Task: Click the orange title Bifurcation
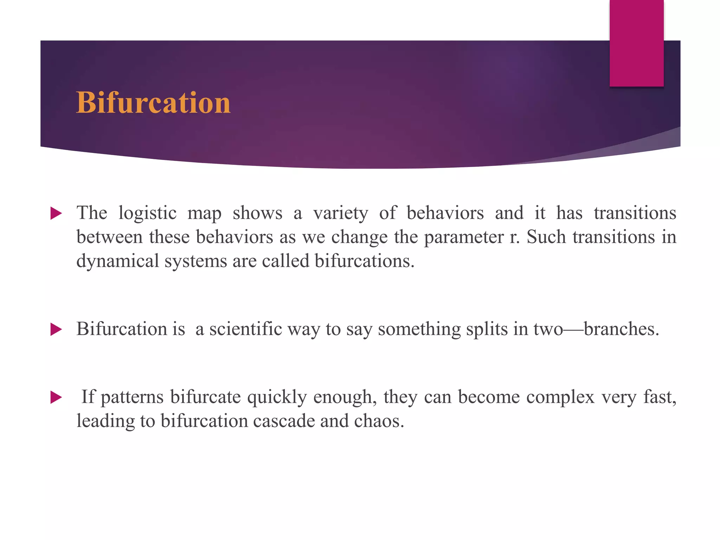click(153, 103)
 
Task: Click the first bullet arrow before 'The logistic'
click(56, 213)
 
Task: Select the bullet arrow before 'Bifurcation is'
click(56, 329)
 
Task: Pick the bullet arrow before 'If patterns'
click(56, 398)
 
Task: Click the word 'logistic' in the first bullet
click(147, 213)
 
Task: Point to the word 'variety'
click(341, 213)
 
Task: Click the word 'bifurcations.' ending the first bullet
click(365, 261)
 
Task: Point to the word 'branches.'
click(621, 329)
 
